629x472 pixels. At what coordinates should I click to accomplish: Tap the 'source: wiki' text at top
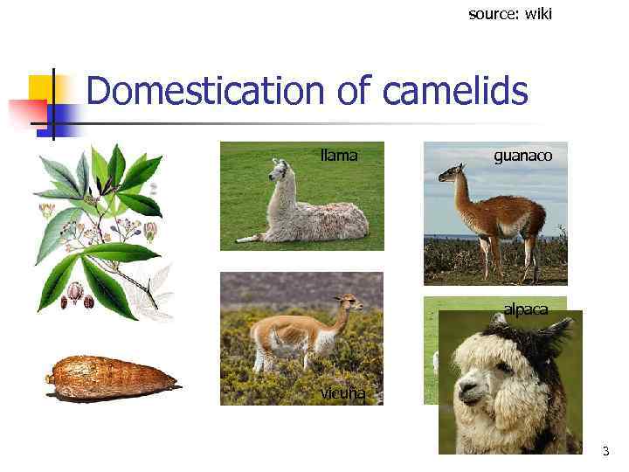(510, 14)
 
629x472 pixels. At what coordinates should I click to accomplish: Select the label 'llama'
(339, 156)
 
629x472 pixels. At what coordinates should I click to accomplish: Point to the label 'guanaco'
(522, 156)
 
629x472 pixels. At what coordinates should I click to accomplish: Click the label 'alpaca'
(525, 309)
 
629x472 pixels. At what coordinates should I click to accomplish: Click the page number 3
(605, 452)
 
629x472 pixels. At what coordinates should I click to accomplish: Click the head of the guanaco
(448, 174)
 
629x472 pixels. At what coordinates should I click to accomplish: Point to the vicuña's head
(349, 303)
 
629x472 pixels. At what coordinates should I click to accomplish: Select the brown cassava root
(110, 378)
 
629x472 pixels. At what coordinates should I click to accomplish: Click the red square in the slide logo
(26, 114)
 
